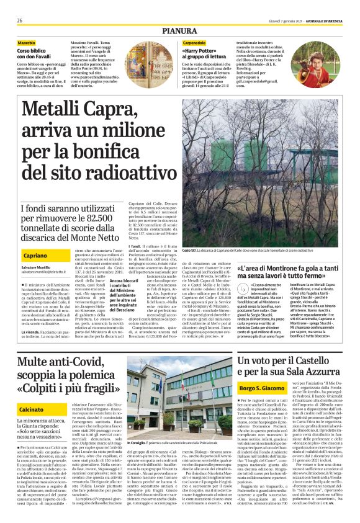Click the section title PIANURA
pos(180,29)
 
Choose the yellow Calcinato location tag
pos(32,409)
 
